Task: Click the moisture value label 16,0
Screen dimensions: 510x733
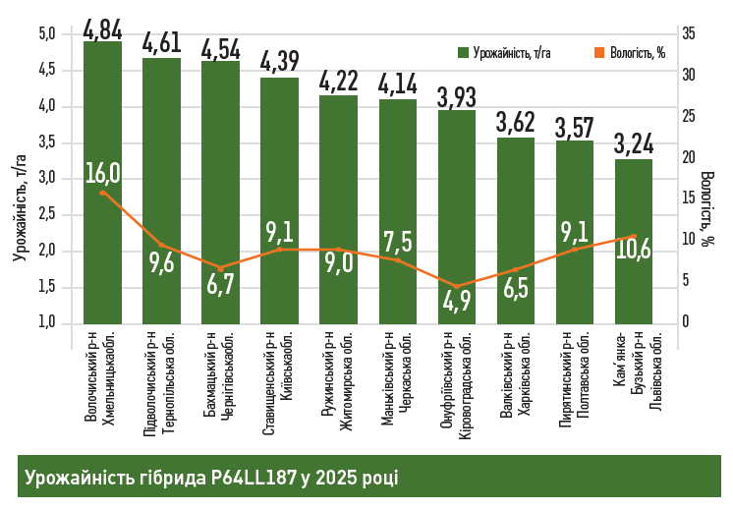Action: coord(102,173)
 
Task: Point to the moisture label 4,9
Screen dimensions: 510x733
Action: coord(456,301)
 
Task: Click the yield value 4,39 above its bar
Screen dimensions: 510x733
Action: coord(279,61)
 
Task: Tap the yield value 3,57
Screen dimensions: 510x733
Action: coord(574,127)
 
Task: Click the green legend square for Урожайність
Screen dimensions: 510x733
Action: coord(463,52)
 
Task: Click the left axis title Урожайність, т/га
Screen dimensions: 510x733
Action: coord(19,206)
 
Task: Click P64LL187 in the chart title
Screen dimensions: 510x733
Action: coord(250,478)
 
